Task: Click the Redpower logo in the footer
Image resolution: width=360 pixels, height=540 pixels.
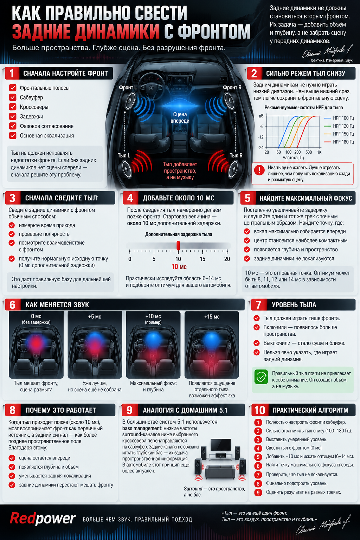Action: point(43,519)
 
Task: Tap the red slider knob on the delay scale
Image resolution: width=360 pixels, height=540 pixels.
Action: point(178,246)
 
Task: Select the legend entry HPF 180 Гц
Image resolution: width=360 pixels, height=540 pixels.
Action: point(339,142)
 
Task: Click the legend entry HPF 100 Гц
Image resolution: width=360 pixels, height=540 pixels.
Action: point(339,118)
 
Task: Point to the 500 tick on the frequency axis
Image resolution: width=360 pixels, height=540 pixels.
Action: point(308,152)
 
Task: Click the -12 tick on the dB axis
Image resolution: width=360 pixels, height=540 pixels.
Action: point(261,137)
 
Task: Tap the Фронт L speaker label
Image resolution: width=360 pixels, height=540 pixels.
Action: point(128,88)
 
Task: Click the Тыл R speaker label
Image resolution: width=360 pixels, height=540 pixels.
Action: point(236,155)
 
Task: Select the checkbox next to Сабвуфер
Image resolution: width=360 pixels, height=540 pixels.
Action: point(13,97)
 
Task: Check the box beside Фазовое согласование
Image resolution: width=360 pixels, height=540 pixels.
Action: point(13,126)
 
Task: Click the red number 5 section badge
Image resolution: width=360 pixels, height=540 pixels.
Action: point(247,198)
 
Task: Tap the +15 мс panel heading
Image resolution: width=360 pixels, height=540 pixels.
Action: point(212,316)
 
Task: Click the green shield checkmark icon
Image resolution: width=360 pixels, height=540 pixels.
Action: point(261,376)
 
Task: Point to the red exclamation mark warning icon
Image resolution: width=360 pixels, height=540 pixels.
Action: point(259,170)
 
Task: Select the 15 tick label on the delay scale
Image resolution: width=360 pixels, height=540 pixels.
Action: point(202,259)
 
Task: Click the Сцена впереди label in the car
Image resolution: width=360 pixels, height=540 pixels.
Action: point(180,117)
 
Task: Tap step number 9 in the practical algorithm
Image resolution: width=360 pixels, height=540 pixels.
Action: point(258,492)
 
